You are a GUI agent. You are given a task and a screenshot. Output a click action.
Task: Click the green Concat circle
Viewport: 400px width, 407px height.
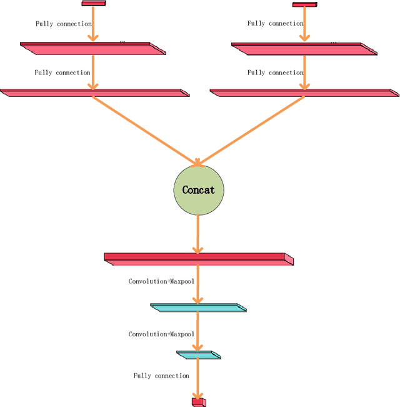tap(198, 190)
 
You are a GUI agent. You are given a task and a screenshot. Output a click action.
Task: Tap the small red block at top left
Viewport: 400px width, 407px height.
tap(94, 4)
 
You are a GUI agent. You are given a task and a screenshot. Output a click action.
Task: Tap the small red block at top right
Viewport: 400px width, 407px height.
tap(304, 5)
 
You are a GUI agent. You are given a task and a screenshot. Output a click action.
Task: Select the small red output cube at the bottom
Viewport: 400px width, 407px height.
tap(198, 401)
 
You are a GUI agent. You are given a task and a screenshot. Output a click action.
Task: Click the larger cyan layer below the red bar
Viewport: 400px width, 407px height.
tap(198, 307)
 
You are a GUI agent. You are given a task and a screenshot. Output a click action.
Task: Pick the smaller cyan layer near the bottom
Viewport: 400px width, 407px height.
tap(198, 354)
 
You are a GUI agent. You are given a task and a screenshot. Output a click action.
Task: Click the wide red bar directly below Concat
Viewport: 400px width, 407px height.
tap(198, 259)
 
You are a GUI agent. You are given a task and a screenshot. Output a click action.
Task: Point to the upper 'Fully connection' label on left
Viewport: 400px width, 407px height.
tap(64, 24)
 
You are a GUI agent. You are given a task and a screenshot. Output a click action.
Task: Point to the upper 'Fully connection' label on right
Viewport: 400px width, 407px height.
tap(275, 24)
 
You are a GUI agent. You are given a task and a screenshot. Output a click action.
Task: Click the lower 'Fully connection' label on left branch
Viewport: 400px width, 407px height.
tap(62, 73)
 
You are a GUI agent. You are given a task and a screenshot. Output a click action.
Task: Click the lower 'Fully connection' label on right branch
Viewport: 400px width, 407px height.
tap(275, 73)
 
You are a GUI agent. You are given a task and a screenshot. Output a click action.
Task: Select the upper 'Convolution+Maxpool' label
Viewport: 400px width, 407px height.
tap(161, 281)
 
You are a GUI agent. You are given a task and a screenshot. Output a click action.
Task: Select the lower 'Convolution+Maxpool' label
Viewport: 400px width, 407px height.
tap(161, 334)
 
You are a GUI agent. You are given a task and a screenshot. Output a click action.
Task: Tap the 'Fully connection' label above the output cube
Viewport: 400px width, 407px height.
tap(161, 376)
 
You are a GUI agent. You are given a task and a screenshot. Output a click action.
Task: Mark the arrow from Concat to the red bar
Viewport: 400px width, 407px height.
tap(198, 233)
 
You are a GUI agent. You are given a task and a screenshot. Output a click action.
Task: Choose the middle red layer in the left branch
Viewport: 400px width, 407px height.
tap(93, 48)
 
